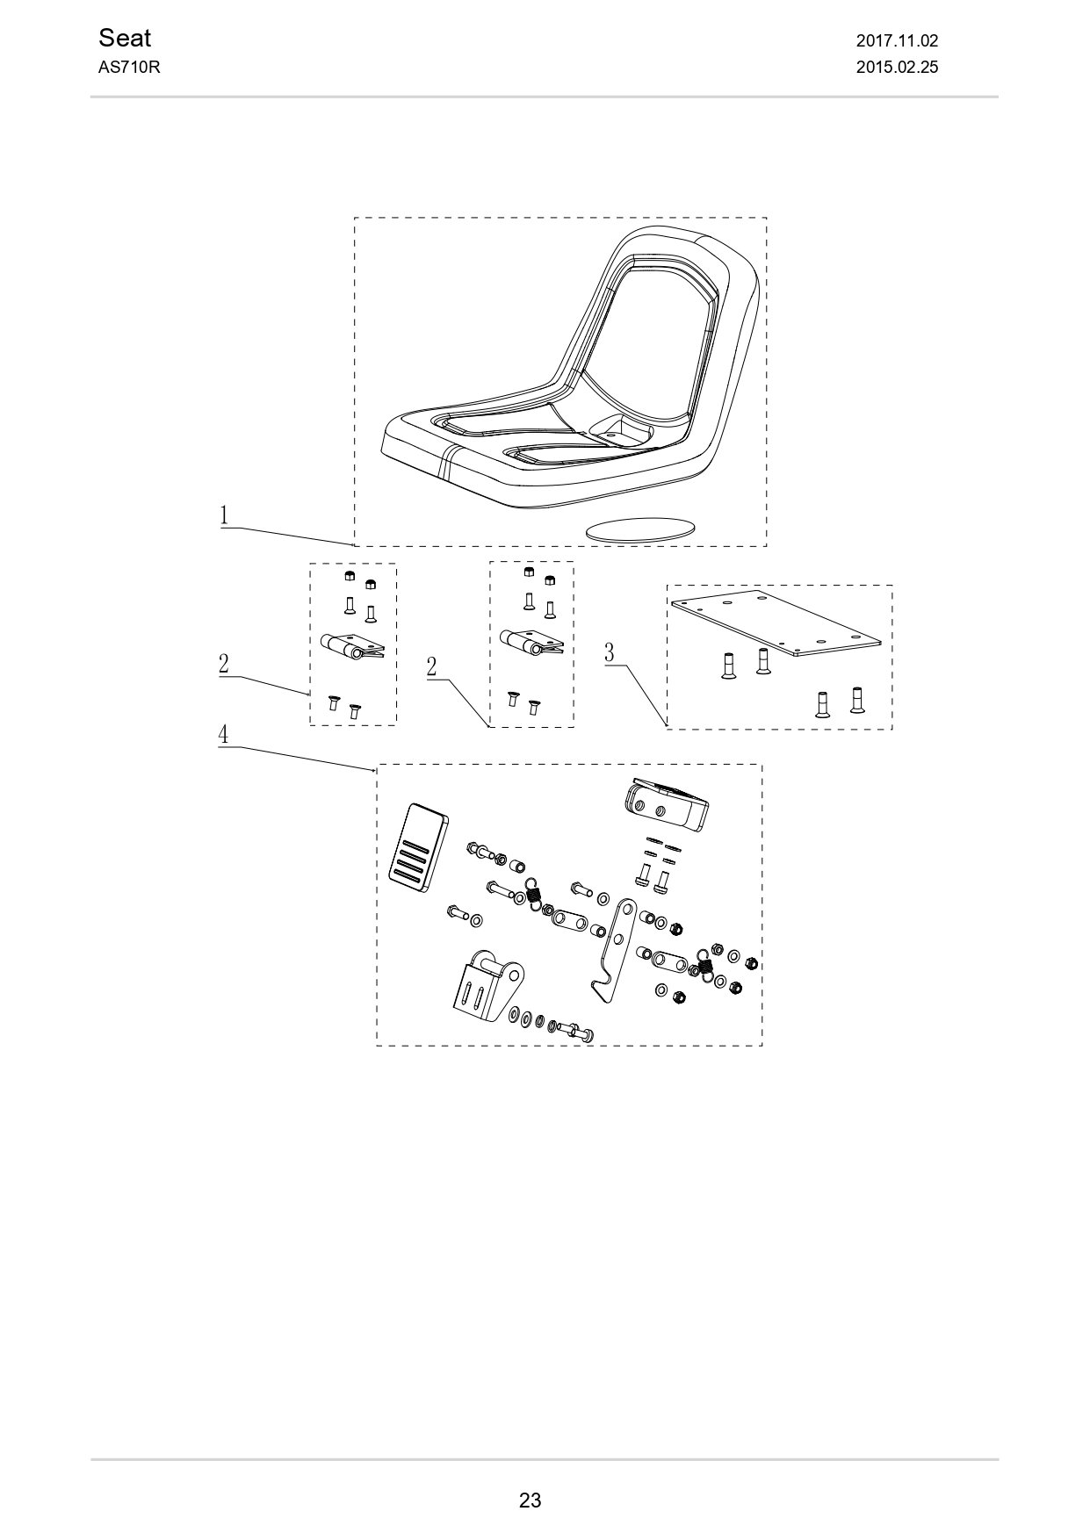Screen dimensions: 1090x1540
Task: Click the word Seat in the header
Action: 125,38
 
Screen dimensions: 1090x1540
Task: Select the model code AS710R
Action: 128,67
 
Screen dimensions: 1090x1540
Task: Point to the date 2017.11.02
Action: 897,40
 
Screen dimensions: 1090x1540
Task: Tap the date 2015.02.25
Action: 897,67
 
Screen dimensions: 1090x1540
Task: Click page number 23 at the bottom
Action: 530,1500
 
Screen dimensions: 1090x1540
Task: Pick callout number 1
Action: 225,515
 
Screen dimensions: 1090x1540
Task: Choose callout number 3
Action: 610,652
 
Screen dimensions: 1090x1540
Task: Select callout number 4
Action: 224,734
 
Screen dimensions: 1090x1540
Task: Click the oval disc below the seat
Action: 639,529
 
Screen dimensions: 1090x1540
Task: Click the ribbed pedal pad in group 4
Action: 418,847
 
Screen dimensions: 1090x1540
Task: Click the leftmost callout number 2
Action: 224,664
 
